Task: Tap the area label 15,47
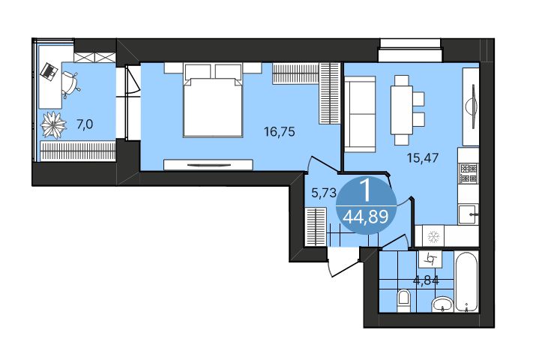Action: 422,157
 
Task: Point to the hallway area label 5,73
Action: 322,192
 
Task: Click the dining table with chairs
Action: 404,109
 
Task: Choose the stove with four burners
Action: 469,173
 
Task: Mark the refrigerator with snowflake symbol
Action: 433,237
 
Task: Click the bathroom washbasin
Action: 442,303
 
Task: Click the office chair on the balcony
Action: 72,82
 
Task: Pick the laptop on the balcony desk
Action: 49,71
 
